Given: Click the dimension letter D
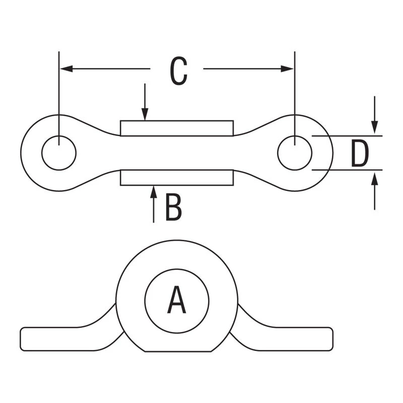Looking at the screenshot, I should pyautogui.click(x=360, y=154).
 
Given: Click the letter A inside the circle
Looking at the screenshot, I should pyautogui.click(x=176, y=300).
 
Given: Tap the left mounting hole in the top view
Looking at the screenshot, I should pyautogui.click(x=59, y=153).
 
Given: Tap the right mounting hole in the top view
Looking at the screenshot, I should pyautogui.click(x=295, y=153).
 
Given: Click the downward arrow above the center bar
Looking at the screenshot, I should pyautogui.click(x=145, y=115).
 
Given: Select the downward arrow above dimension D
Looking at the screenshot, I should pyautogui.click(x=374, y=128).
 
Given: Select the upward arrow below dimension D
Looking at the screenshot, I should pyautogui.click(x=374, y=177).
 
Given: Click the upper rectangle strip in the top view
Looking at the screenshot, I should pyautogui.click(x=176, y=128).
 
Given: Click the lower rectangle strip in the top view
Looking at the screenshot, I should pyautogui.click(x=176, y=177).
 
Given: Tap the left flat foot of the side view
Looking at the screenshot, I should pyautogui.click(x=55, y=339).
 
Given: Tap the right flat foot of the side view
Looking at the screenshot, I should pyautogui.click(x=297, y=339).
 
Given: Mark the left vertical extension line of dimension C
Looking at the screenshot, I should pyautogui.click(x=59, y=91).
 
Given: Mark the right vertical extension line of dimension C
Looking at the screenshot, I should pyautogui.click(x=295, y=91).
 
